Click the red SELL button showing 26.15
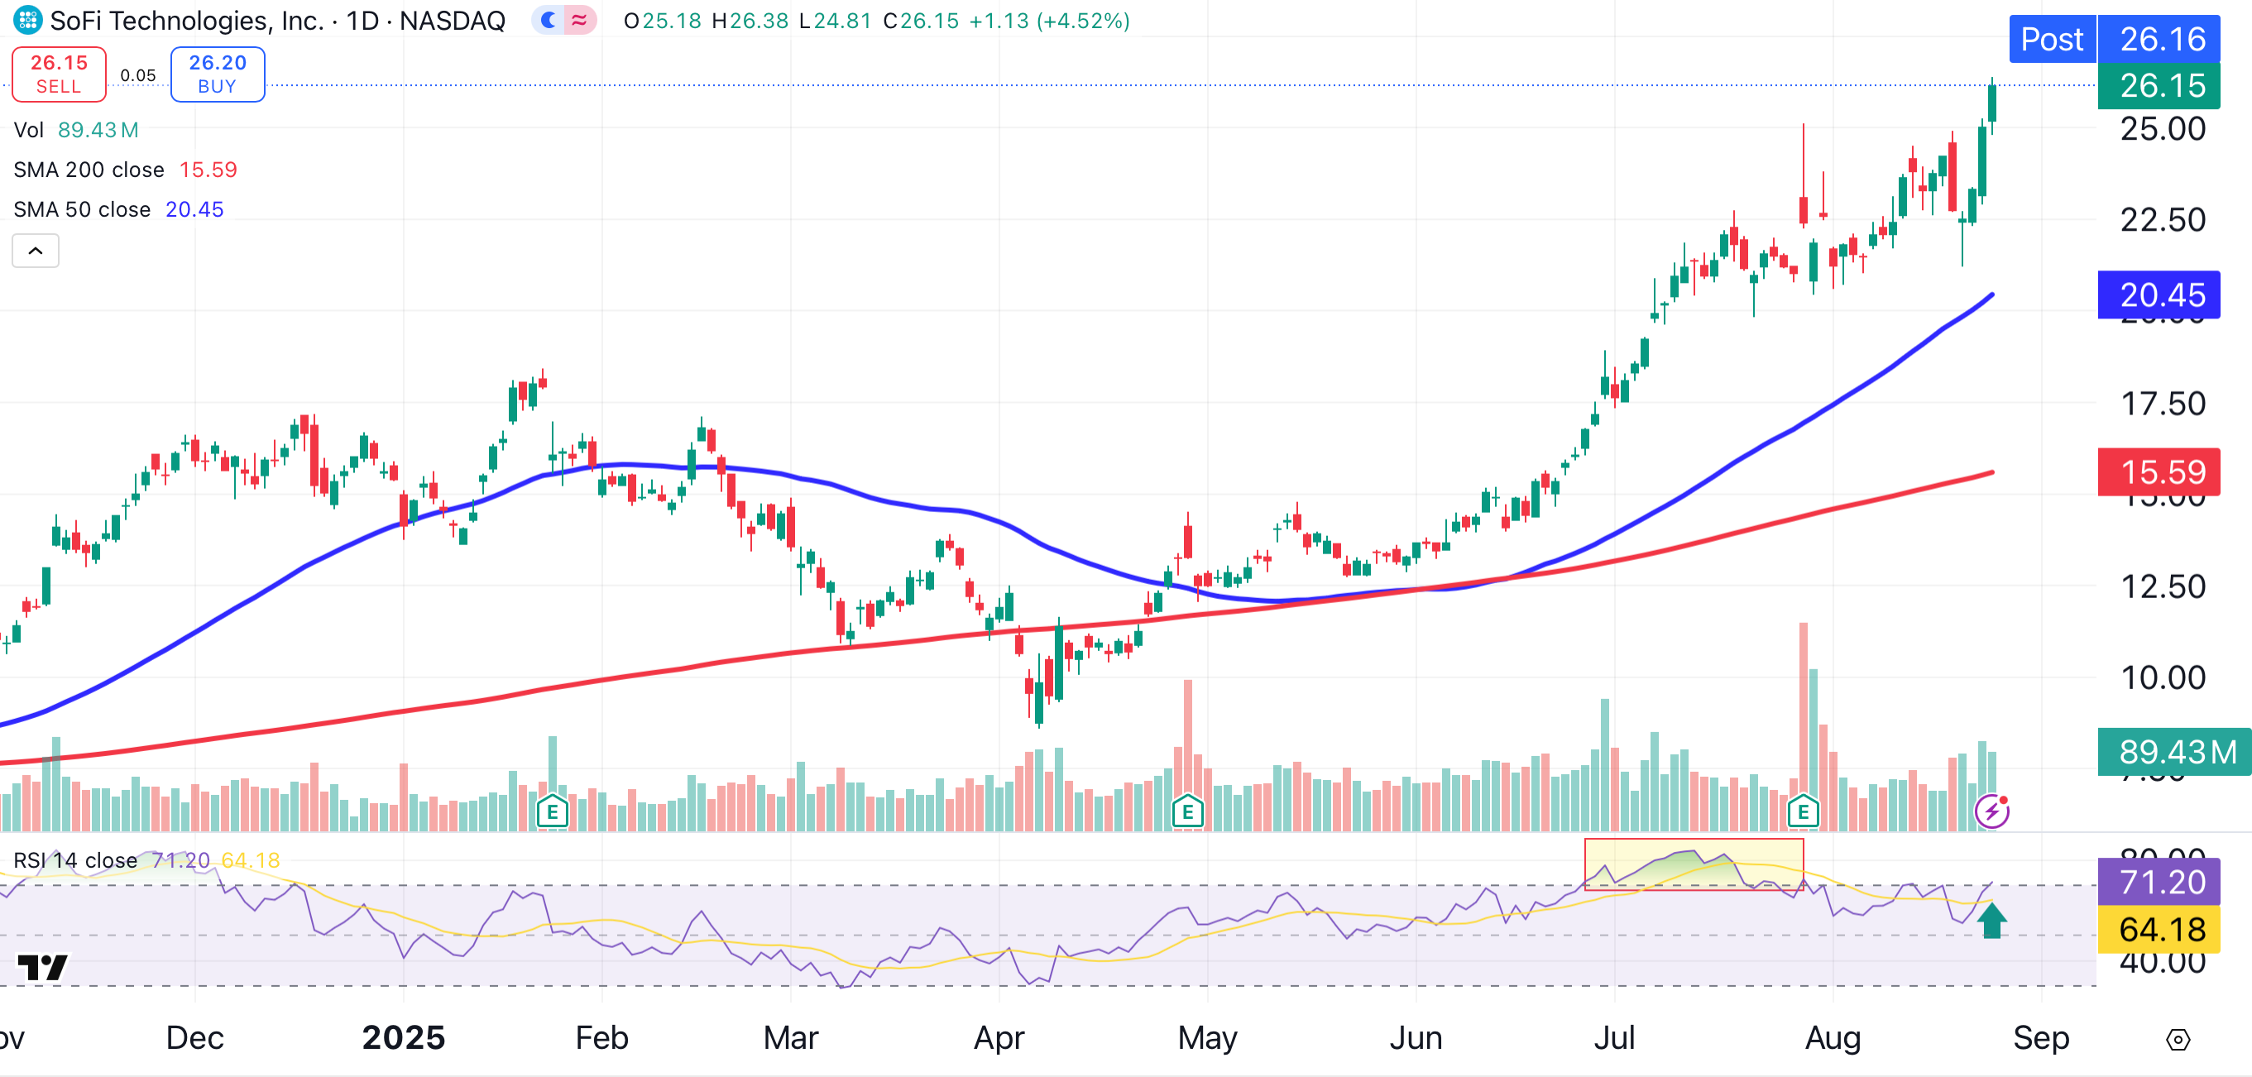(59, 74)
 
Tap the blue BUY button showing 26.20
(217, 74)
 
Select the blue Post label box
(2051, 40)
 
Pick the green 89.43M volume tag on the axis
(2173, 752)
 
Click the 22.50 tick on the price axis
(2163, 219)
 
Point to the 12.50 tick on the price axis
(2163, 586)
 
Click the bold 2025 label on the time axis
(403, 1037)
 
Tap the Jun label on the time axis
(1416, 1037)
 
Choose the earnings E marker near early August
(1803, 812)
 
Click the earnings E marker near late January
(553, 812)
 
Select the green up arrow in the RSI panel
(1991, 921)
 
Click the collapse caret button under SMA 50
(35, 251)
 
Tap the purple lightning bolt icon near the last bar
(1991, 811)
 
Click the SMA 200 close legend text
(89, 170)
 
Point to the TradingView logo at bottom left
(42, 967)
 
